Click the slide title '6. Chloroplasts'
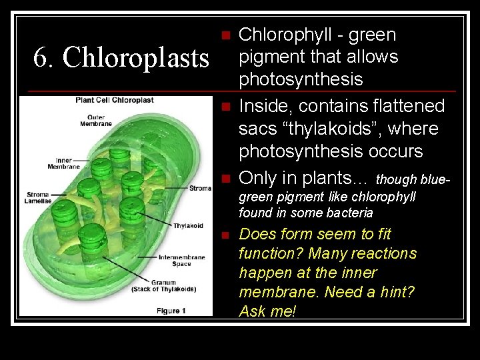(x=121, y=58)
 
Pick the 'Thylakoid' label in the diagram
(x=188, y=226)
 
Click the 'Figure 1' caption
(x=171, y=310)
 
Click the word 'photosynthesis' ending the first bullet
(x=301, y=79)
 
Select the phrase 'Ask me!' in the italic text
(x=267, y=311)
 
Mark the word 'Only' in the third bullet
(x=257, y=178)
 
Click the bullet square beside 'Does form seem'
(x=227, y=235)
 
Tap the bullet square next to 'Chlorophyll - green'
(x=227, y=35)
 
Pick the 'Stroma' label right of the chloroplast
(x=200, y=188)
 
